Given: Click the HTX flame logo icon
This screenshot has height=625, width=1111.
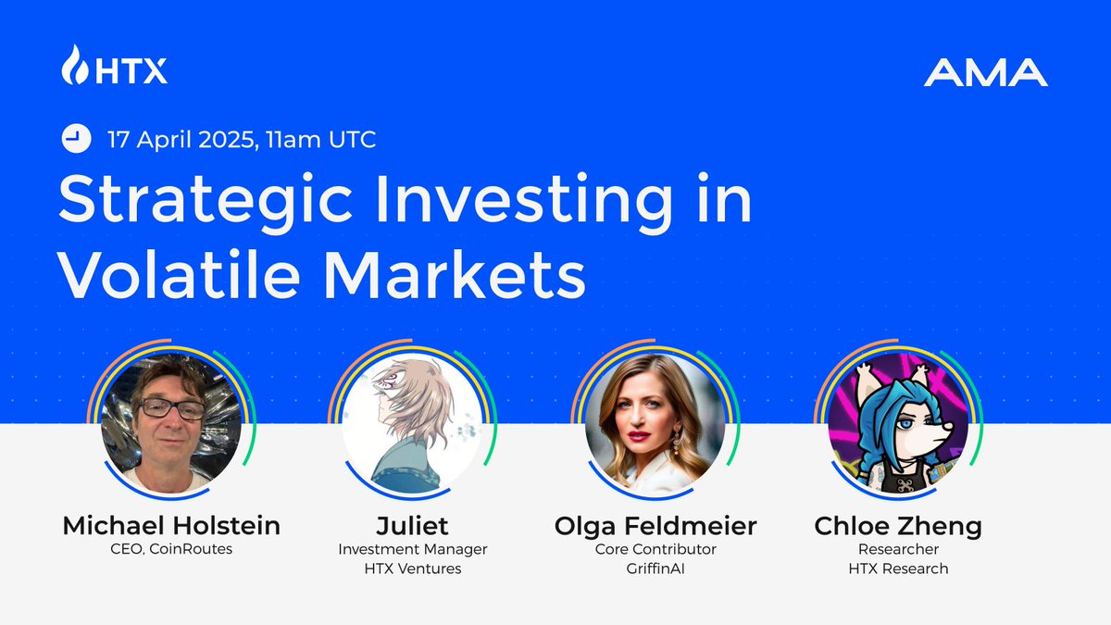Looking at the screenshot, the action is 75,65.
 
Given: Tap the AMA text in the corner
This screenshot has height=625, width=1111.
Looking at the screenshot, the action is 985,72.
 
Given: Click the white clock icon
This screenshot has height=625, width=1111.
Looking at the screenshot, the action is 76,138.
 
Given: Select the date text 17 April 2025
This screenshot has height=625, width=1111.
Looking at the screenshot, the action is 182,140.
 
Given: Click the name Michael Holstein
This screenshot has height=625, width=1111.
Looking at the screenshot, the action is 171,526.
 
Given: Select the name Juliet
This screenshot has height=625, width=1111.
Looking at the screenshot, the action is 412,526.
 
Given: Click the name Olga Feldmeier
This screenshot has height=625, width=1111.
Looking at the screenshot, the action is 655,527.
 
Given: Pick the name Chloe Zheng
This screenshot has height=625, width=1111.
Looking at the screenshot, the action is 898,527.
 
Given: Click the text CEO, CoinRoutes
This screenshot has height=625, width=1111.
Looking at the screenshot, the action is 171,549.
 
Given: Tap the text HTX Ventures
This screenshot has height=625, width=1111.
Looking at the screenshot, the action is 413,569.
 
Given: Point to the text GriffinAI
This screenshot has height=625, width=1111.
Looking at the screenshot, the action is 655,569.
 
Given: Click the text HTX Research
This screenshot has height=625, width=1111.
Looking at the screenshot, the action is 898,569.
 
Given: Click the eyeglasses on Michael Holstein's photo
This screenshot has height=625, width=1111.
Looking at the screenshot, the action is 172,409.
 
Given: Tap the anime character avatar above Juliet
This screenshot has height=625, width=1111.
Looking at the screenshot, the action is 413,423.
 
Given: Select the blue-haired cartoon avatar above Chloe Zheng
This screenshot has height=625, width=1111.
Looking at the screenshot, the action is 898,423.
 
